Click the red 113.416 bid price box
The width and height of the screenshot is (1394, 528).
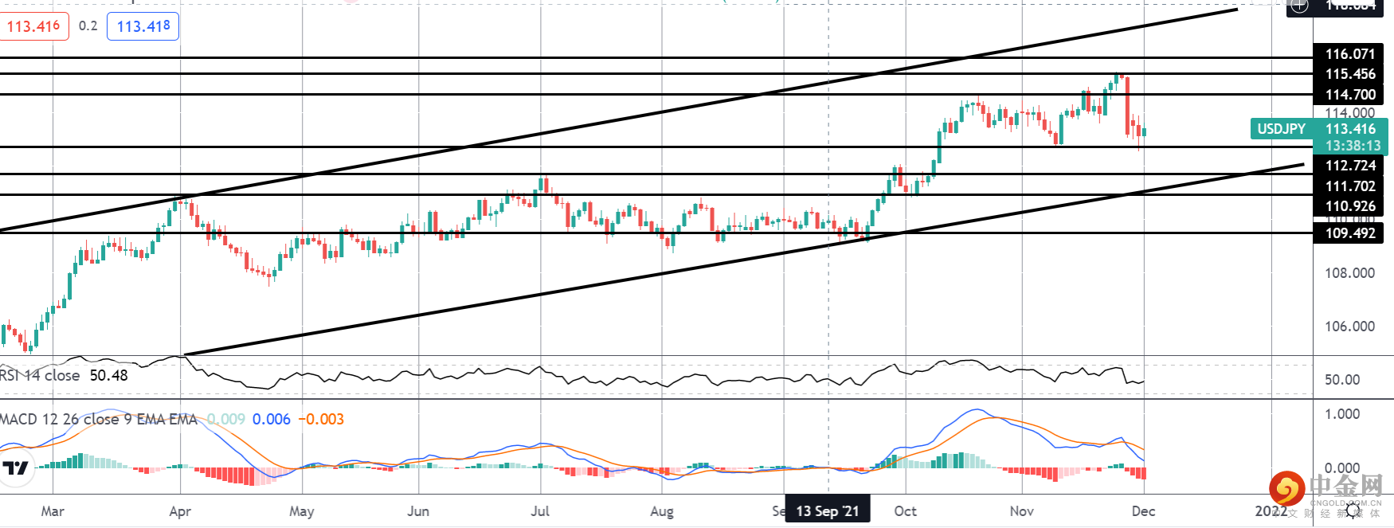point(34,26)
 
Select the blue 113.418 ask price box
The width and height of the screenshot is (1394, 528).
point(143,26)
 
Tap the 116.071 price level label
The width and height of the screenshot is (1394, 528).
point(1350,54)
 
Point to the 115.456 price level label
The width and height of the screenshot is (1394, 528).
point(1350,74)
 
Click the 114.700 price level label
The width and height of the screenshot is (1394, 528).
point(1350,95)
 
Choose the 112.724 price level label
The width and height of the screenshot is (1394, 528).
point(1350,166)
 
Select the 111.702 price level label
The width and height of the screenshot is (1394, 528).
point(1350,186)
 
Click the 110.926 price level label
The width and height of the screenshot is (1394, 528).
point(1350,206)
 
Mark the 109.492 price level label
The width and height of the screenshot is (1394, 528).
point(1350,233)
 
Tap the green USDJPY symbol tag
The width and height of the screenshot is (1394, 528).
point(1281,129)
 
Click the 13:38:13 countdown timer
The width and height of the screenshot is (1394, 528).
point(1353,146)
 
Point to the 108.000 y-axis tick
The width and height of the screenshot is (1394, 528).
point(1349,273)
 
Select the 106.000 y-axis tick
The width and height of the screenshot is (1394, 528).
point(1349,327)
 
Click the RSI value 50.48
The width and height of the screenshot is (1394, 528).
point(108,375)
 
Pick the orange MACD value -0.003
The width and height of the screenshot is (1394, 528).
point(321,419)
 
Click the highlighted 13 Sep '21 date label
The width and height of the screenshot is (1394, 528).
point(828,511)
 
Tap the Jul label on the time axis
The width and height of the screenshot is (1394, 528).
point(540,511)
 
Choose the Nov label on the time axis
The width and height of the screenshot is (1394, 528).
point(1021,511)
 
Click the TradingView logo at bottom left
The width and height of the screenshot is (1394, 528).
point(16,468)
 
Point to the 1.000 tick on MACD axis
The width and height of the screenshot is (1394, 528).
point(1342,414)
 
